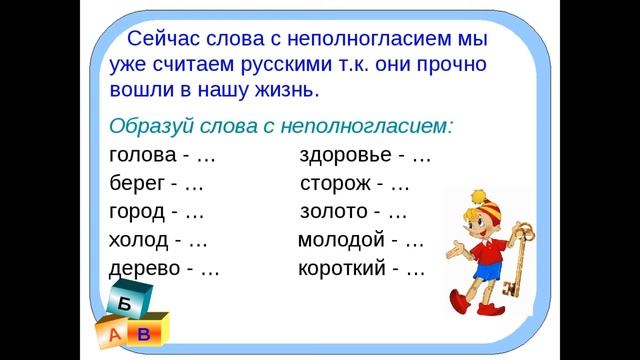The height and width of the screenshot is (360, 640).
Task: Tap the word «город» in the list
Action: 137,212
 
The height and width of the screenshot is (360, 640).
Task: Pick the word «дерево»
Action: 144,269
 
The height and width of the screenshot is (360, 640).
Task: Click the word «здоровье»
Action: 346,157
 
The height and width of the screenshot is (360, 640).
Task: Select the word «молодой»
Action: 341,240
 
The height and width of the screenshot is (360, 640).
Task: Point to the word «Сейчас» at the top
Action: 167,41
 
